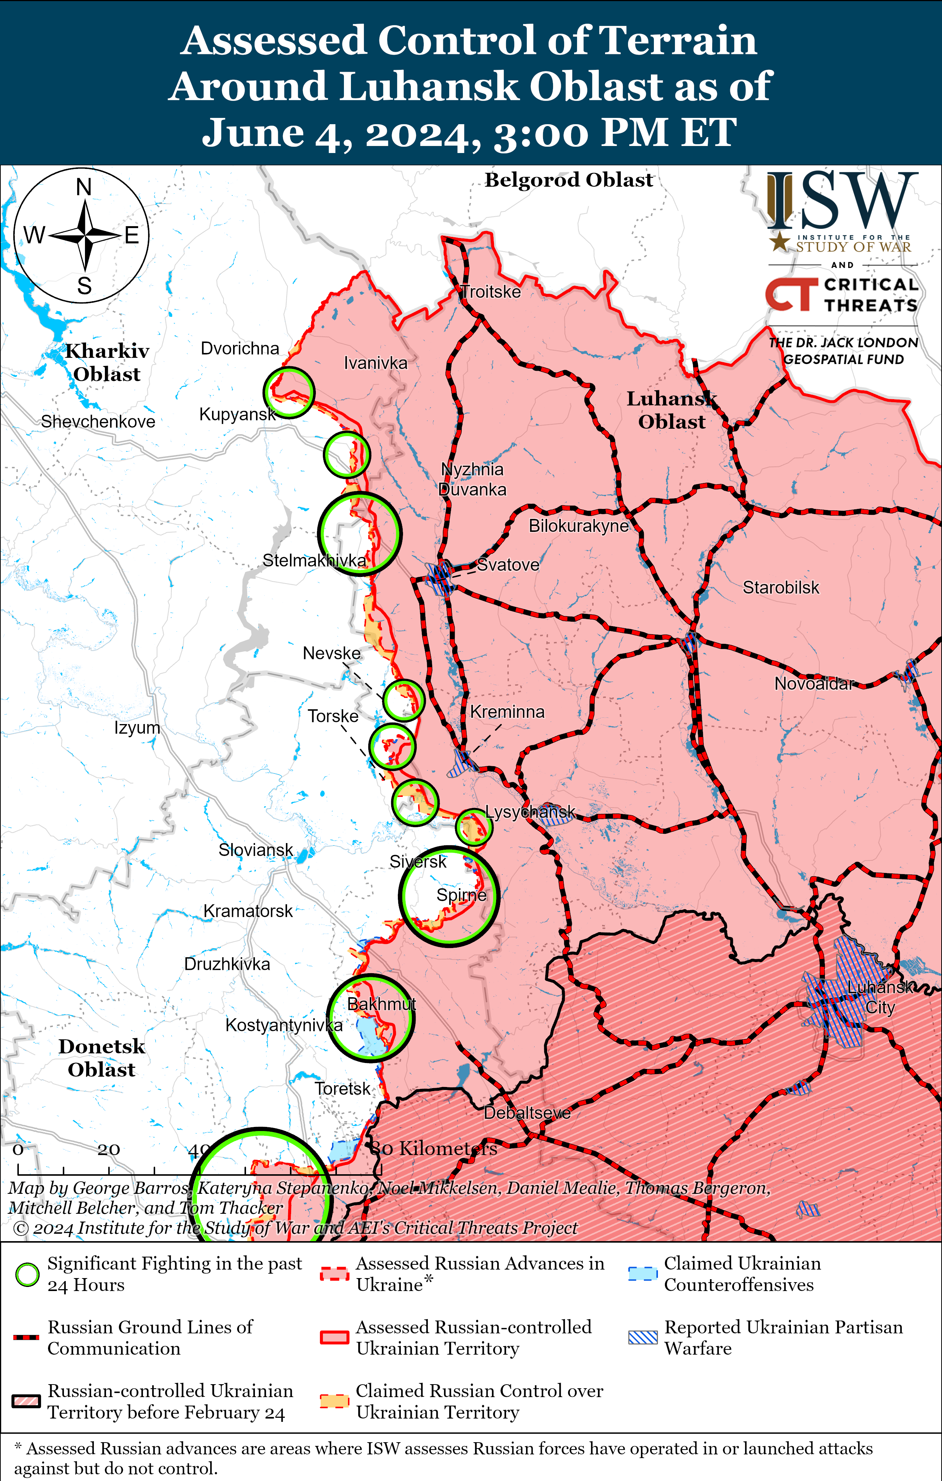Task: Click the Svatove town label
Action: [x=508, y=565]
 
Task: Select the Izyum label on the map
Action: [x=137, y=728]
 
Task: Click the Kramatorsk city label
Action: [x=248, y=911]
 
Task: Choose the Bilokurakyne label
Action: [x=578, y=526]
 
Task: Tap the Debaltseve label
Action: [x=527, y=1113]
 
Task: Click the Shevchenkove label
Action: [x=98, y=421]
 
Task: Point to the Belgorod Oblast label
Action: [x=569, y=180]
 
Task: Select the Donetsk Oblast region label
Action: [x=102, y=1058]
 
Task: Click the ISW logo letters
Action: [x=842, y=200]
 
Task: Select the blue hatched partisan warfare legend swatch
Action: [x=642, y=1337]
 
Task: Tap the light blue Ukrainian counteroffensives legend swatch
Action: [x=642, y=1274]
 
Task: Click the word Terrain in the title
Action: [x=677, y=41]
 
